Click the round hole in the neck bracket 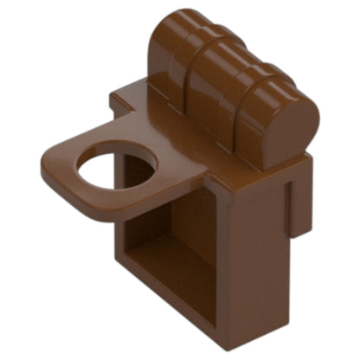click(x=116, y=165)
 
